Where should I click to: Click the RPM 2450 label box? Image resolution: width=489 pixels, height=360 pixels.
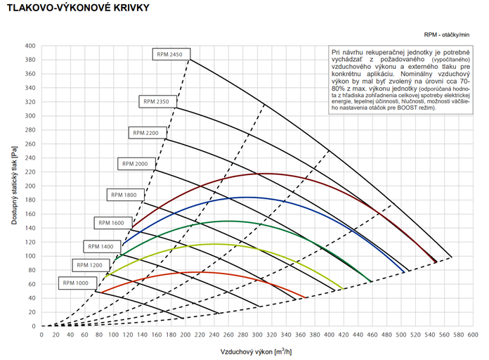click(170, 54)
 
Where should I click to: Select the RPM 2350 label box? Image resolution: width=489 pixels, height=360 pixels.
click(156, 101)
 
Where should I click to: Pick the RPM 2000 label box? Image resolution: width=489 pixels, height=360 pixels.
click(135, 163)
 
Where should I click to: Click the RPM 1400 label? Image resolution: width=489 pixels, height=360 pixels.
click(102, 246)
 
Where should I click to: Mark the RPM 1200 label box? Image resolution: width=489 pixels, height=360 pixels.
click(89, 265)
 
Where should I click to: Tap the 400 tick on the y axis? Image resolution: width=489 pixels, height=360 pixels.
click(30, 46)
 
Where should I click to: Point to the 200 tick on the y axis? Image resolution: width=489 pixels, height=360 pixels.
click(30, 186)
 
